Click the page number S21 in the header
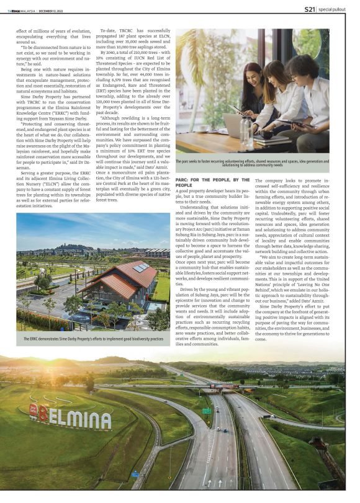click(310, 9)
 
